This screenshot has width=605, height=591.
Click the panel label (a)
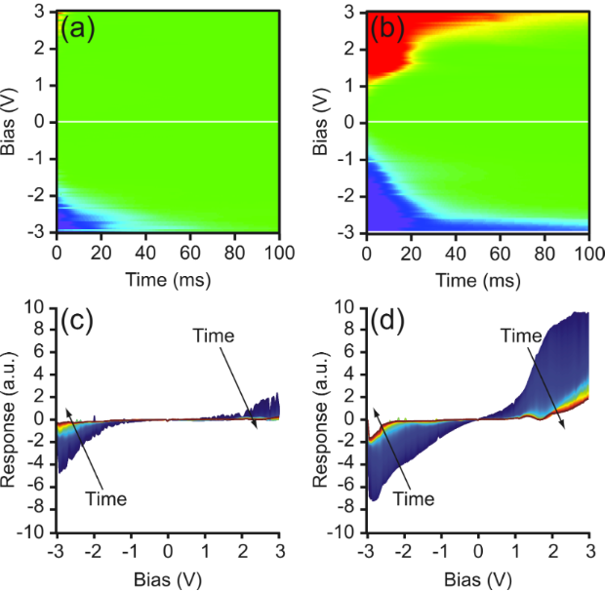[76, 28]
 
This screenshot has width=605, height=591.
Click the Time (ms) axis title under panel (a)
[168, 278]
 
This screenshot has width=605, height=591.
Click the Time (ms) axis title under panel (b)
[477, 278]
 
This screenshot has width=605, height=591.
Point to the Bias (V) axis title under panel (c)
[168, 579]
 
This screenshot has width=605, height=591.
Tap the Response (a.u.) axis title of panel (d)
[319, 419]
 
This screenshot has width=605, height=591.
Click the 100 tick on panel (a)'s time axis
[279, 255]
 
